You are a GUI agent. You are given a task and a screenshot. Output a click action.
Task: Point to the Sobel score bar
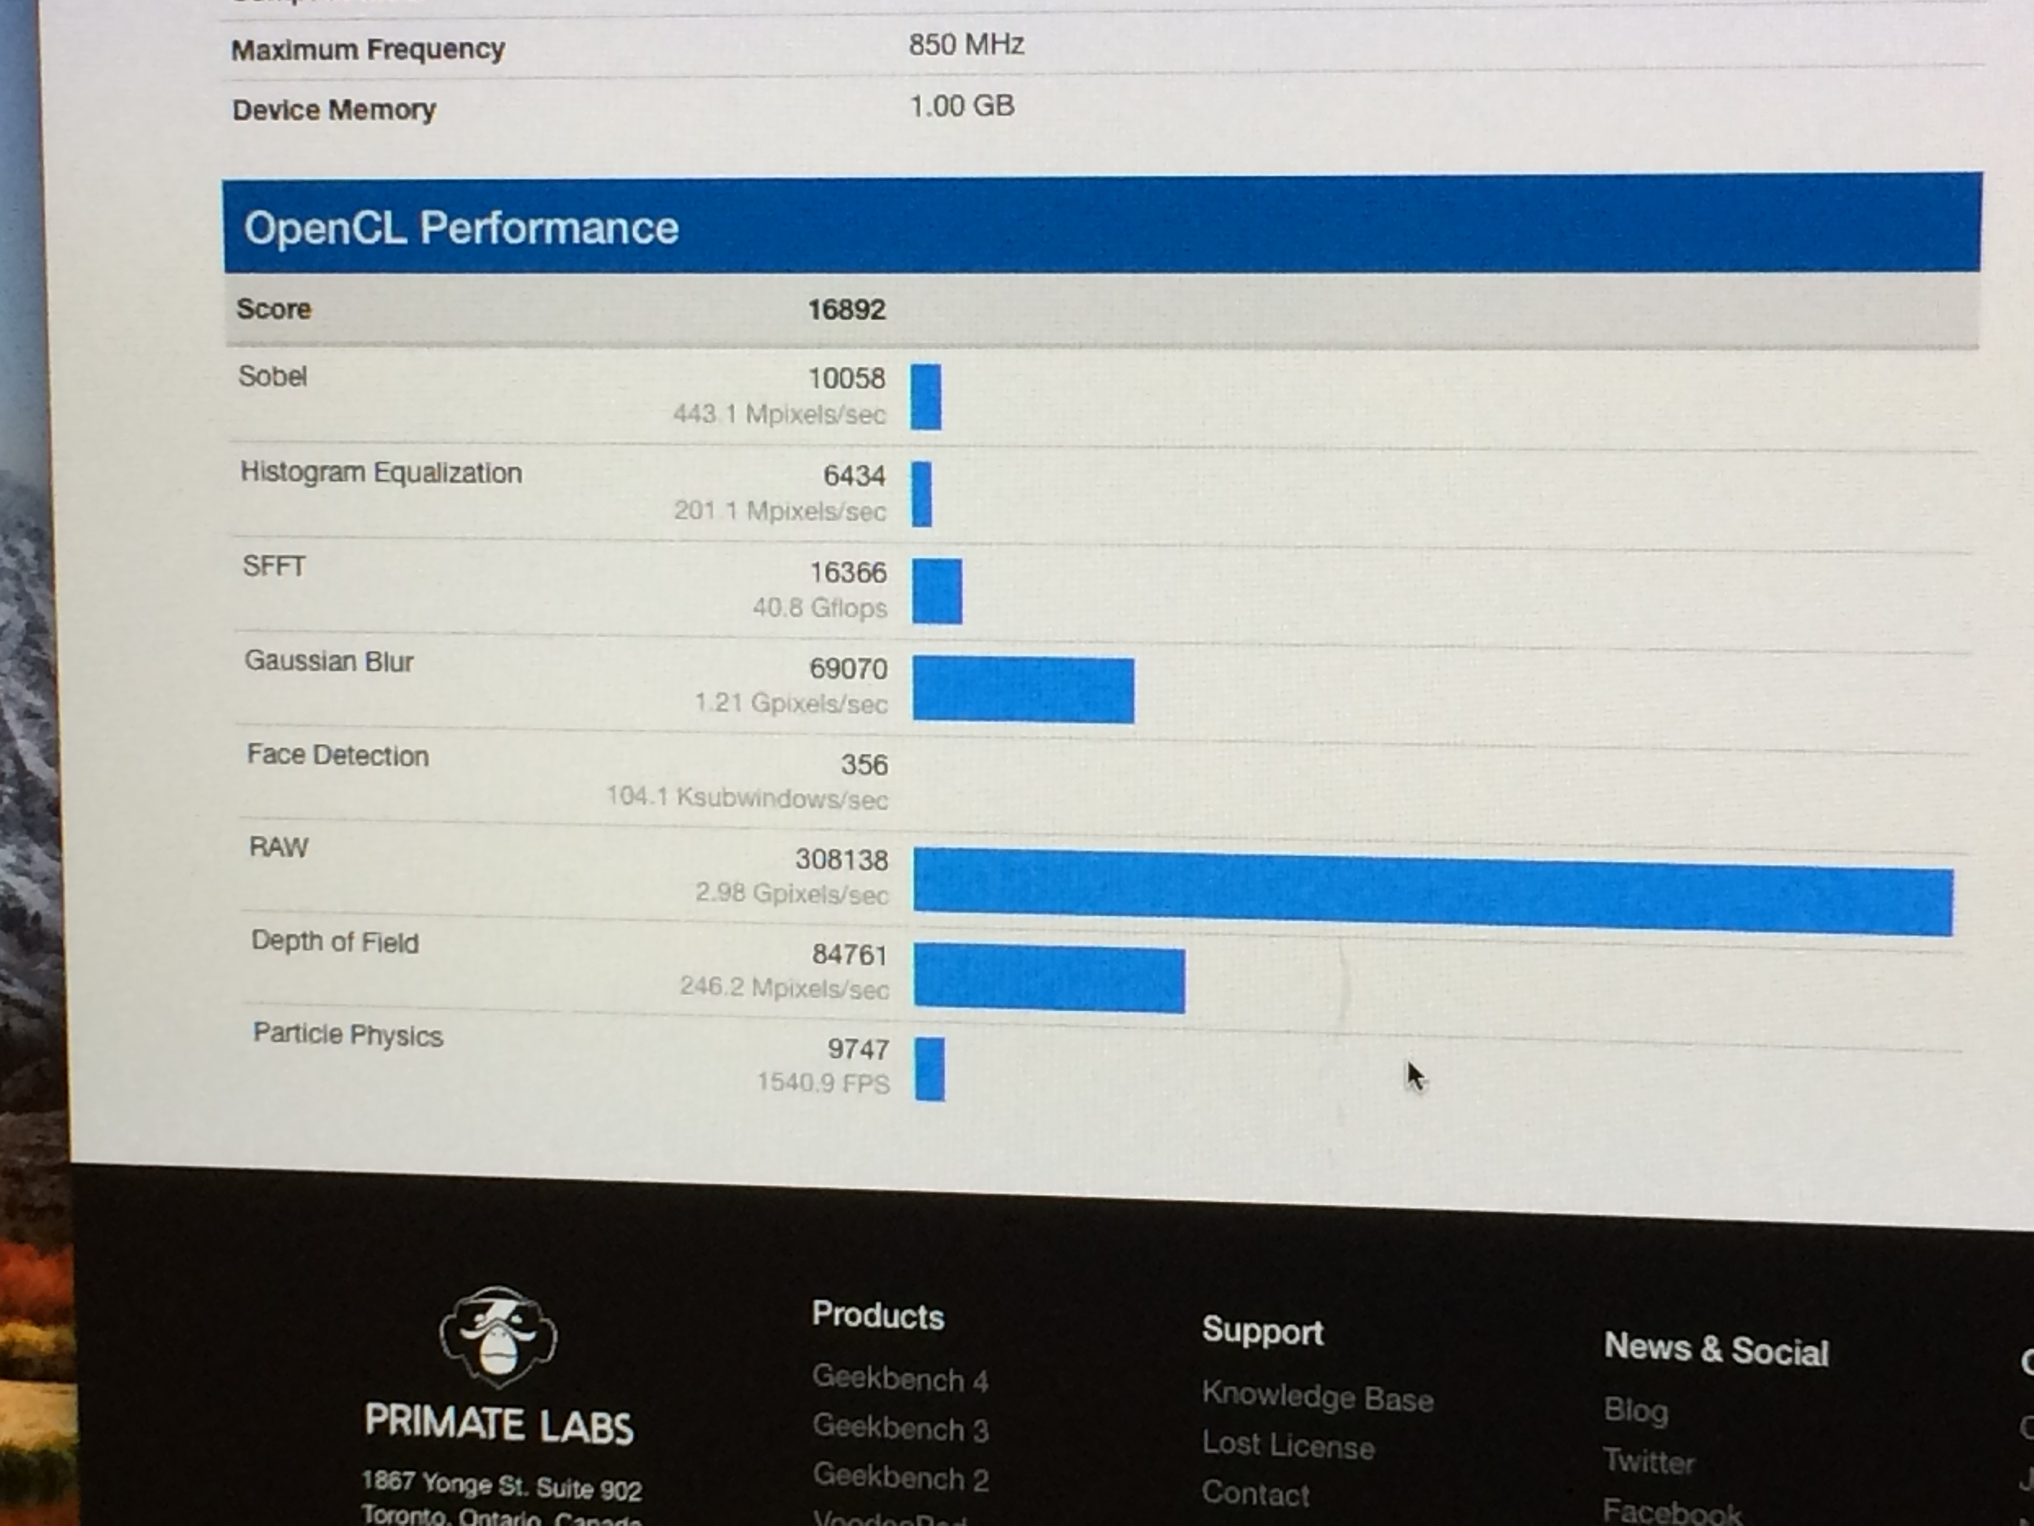click(926, 396)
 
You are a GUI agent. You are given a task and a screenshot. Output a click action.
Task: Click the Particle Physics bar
click(930, 1069)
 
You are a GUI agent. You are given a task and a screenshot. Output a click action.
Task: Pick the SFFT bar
click(937, 592)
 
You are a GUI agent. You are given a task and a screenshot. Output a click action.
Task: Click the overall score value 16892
click(846, 310)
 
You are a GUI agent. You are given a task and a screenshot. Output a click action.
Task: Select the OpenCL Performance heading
click(461, 228)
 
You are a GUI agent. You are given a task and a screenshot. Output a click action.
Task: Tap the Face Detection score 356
click(864, 764)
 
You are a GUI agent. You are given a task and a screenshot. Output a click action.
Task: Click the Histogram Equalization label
click(381, 473)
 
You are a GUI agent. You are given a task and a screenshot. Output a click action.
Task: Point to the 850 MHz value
click(965, 45)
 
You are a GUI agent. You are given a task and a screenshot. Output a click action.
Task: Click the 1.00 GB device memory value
click(961, 107)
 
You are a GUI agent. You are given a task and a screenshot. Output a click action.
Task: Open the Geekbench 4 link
click(899, 1379)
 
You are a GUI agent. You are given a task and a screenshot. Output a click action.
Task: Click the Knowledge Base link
click(1317, 1397)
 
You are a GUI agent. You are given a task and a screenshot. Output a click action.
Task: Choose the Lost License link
click(1287, 1446)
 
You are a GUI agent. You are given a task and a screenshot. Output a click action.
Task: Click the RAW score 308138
click(841, 860)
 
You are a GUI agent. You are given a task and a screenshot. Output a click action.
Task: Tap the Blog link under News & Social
click(1635, 1410)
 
